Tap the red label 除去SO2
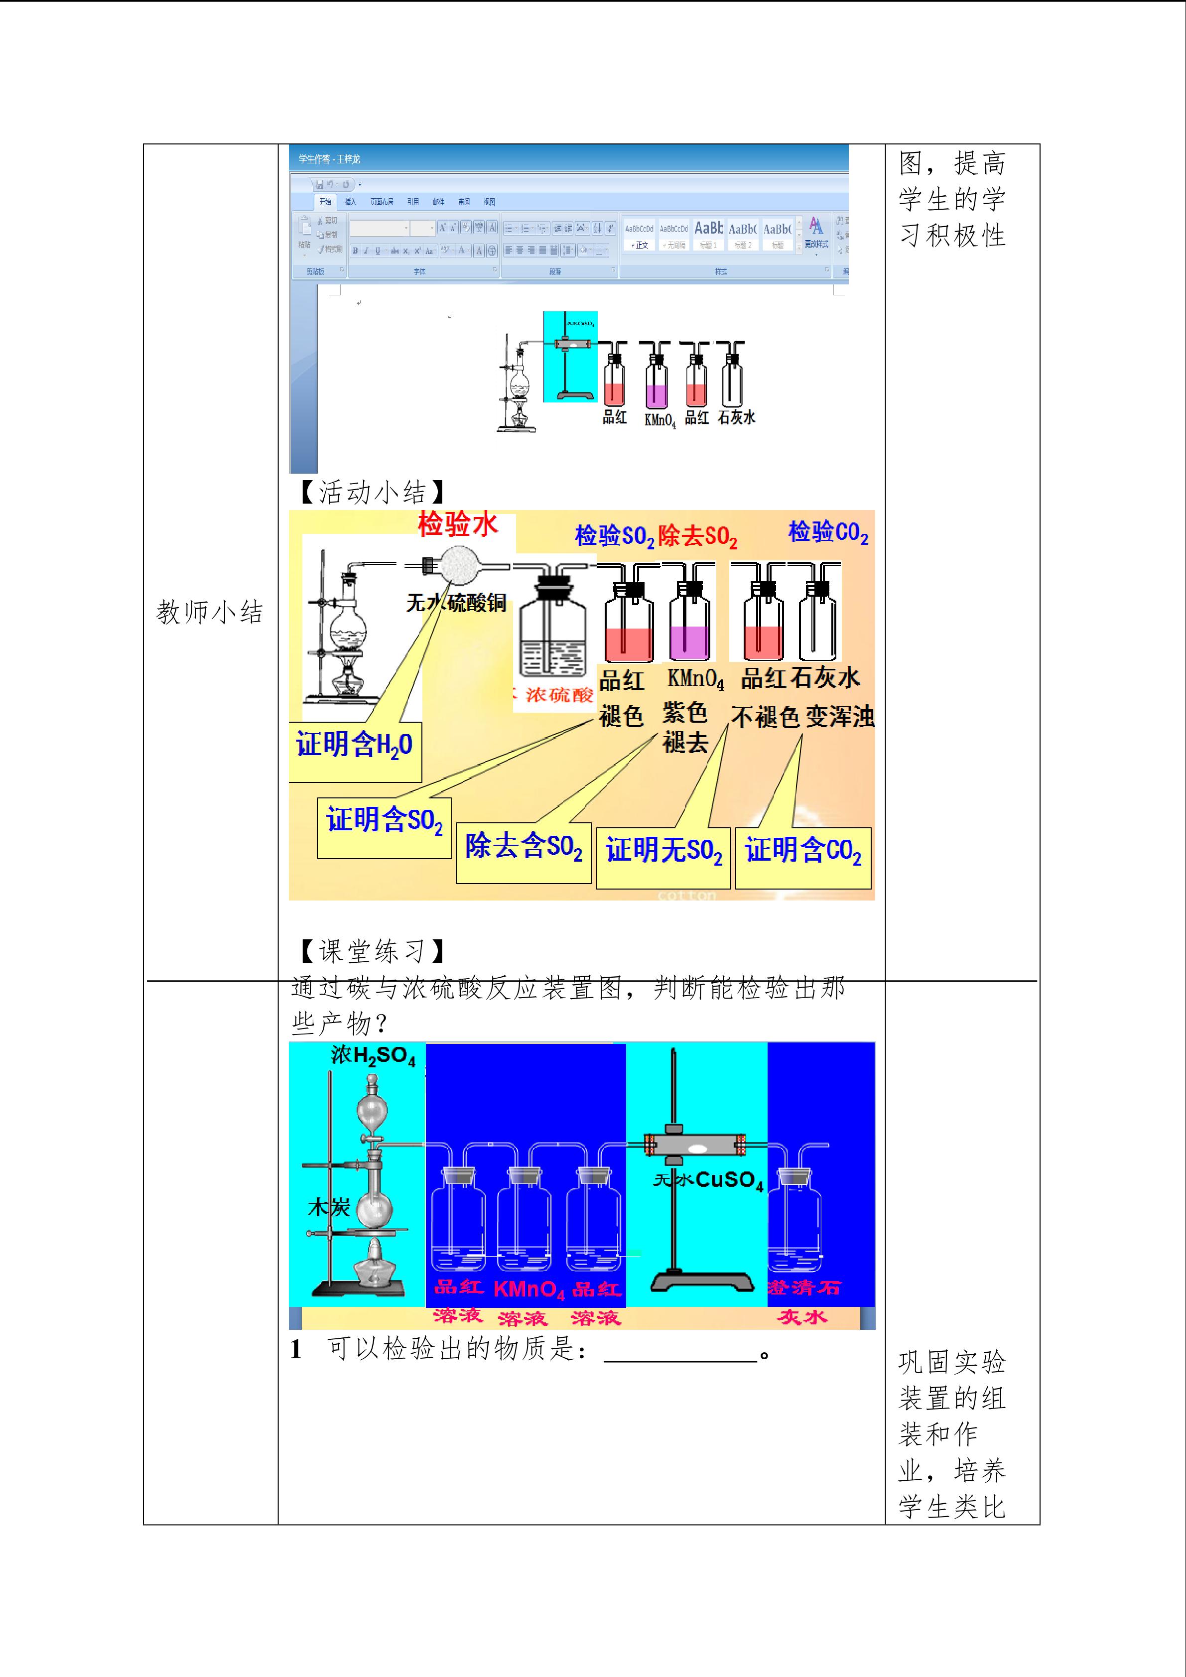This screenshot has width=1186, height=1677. coord(697,537)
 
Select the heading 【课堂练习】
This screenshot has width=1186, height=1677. coord(371,951)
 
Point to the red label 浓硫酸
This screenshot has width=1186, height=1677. coord(559,695)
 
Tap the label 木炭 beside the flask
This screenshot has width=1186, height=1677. coord(329,1207)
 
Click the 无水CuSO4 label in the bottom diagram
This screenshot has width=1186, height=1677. coord(708,1180)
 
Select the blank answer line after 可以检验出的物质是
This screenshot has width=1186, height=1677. coord(680,1354)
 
